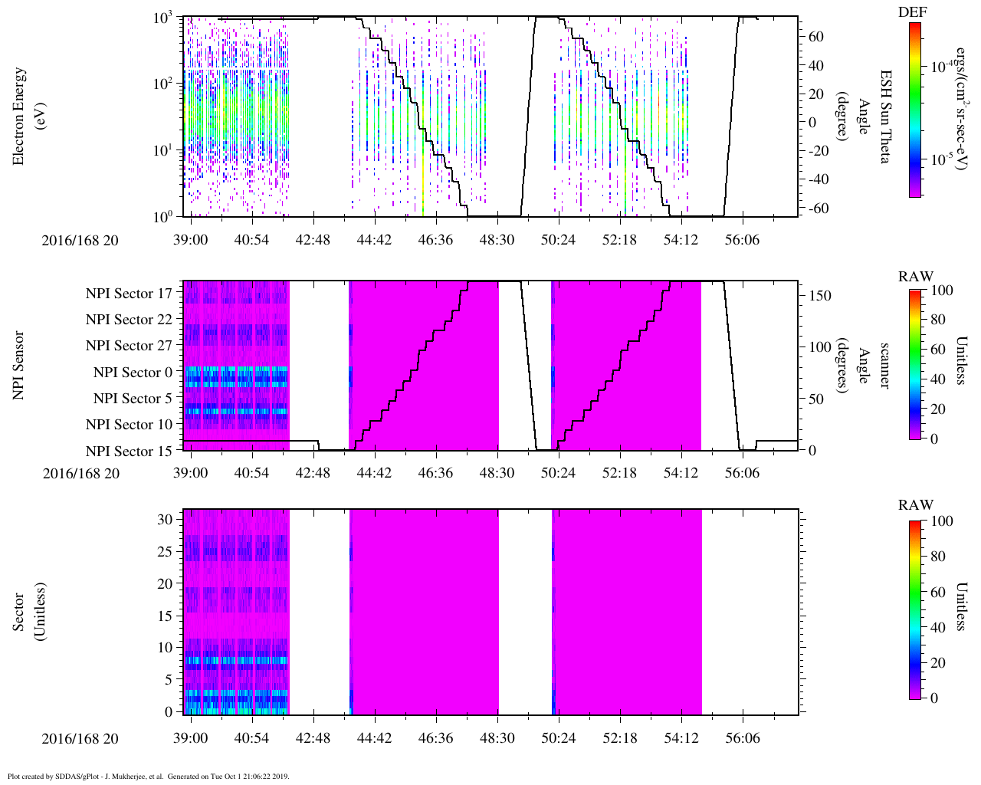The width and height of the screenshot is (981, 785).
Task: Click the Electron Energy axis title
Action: coord(18,117)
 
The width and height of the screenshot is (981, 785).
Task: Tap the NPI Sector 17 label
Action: coord(129,294)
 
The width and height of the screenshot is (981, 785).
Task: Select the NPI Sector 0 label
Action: coord(133,373)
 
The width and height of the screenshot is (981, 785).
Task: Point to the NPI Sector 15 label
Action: coord(129,451)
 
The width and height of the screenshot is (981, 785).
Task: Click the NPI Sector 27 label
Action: coord(129,346)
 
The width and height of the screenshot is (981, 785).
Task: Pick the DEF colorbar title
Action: coord(913,11)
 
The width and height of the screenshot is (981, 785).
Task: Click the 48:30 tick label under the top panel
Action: coord(497,240)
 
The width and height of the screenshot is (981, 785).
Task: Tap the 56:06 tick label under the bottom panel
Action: coord(743,737)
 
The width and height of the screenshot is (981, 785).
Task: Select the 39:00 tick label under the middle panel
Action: coord(191,472)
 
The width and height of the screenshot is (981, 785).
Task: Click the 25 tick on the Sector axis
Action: coord(165,552)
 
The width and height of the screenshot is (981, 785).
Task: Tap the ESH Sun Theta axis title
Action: coord(885,117)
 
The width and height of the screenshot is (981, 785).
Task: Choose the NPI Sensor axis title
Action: coord(18,366)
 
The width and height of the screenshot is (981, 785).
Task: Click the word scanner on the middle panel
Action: coord(884,366)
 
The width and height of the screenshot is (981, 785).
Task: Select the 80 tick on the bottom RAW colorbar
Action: coord(937,557)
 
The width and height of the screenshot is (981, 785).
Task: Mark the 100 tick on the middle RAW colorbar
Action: coord(941,290)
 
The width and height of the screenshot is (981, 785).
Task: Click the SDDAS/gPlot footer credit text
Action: coord(149,777)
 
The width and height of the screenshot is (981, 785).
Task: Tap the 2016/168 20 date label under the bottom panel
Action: coord(80,738)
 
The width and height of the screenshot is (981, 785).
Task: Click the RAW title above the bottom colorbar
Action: coord(916,504)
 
